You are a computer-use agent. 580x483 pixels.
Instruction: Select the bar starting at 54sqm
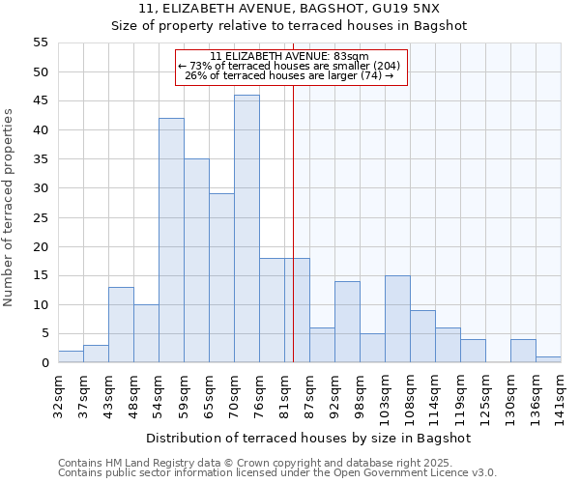click(171, 241)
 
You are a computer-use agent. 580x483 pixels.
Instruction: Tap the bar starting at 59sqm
click(196, 261)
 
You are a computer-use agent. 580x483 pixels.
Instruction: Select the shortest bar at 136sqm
click(548, 359)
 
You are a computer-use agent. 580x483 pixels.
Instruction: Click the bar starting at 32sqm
click(71, 356)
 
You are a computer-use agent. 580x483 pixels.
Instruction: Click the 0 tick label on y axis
click(44, 363)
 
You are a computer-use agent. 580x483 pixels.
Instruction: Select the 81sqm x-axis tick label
click(284, 395)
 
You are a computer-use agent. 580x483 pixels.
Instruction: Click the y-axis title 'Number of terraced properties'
click(9, 208)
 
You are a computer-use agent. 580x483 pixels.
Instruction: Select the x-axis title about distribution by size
click(308, 438)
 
